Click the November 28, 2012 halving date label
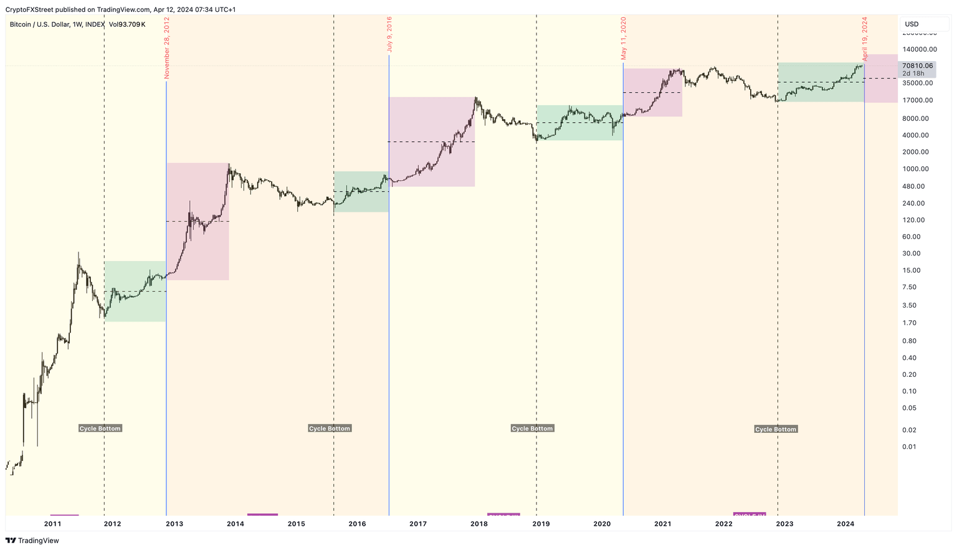click(x=167, y=48)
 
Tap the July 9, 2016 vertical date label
click(x=389, y=34)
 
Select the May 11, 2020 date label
click(x=623, y=38)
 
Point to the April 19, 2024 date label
click(x=865, y=39)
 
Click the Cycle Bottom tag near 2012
click(x=100, y=429)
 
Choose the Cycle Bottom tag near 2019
click(x=532, y=429)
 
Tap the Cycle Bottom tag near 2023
click(x=776, y=429)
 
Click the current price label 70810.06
click(x=917, y=65)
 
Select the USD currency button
click(x=912, y=24)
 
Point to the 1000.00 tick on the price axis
click(x=916, y=169)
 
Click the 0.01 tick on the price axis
click(x=909, y=447)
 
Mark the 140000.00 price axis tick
click(x=919, y=49)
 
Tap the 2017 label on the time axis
click(x=418, y=524)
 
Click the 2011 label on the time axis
click(x=53, y=524)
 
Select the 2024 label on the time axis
click(x=845, y=524)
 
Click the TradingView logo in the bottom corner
click(x=32, y=541)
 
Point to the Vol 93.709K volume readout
click(x=126, y=24)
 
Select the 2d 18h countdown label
click(x=913, y=73)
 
